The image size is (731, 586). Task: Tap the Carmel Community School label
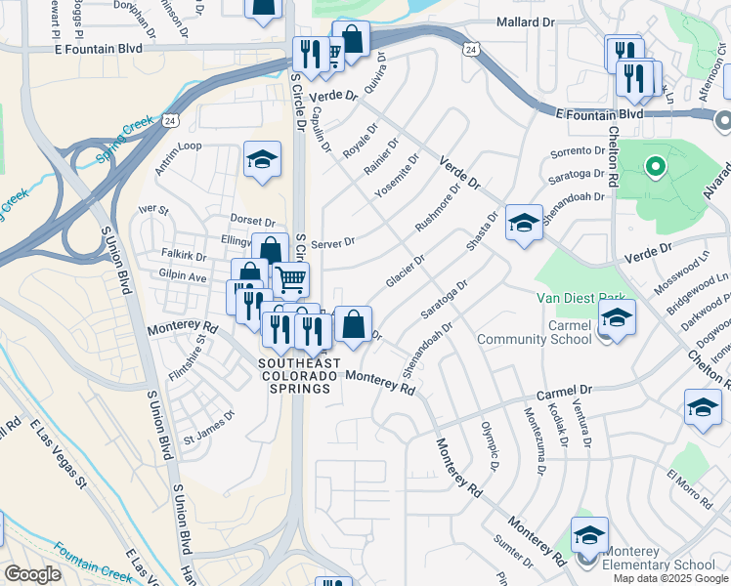click(x=535, y=332)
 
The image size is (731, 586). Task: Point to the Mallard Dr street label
click(x=532, y=21)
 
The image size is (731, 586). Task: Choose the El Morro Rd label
click(x=692, y=481)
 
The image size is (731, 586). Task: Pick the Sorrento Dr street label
click(x=578, y=151)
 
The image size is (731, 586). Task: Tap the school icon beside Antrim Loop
click(x=262, y=161)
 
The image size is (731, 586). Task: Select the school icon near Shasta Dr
click(x=524, y=225)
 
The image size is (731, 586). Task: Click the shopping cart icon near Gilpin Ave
click(x=290, y=280)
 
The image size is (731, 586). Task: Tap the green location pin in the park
click(x=655, y=167)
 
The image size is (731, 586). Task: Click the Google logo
click(x=32, y=574)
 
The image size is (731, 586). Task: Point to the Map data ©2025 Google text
click(x=670, y=578)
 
